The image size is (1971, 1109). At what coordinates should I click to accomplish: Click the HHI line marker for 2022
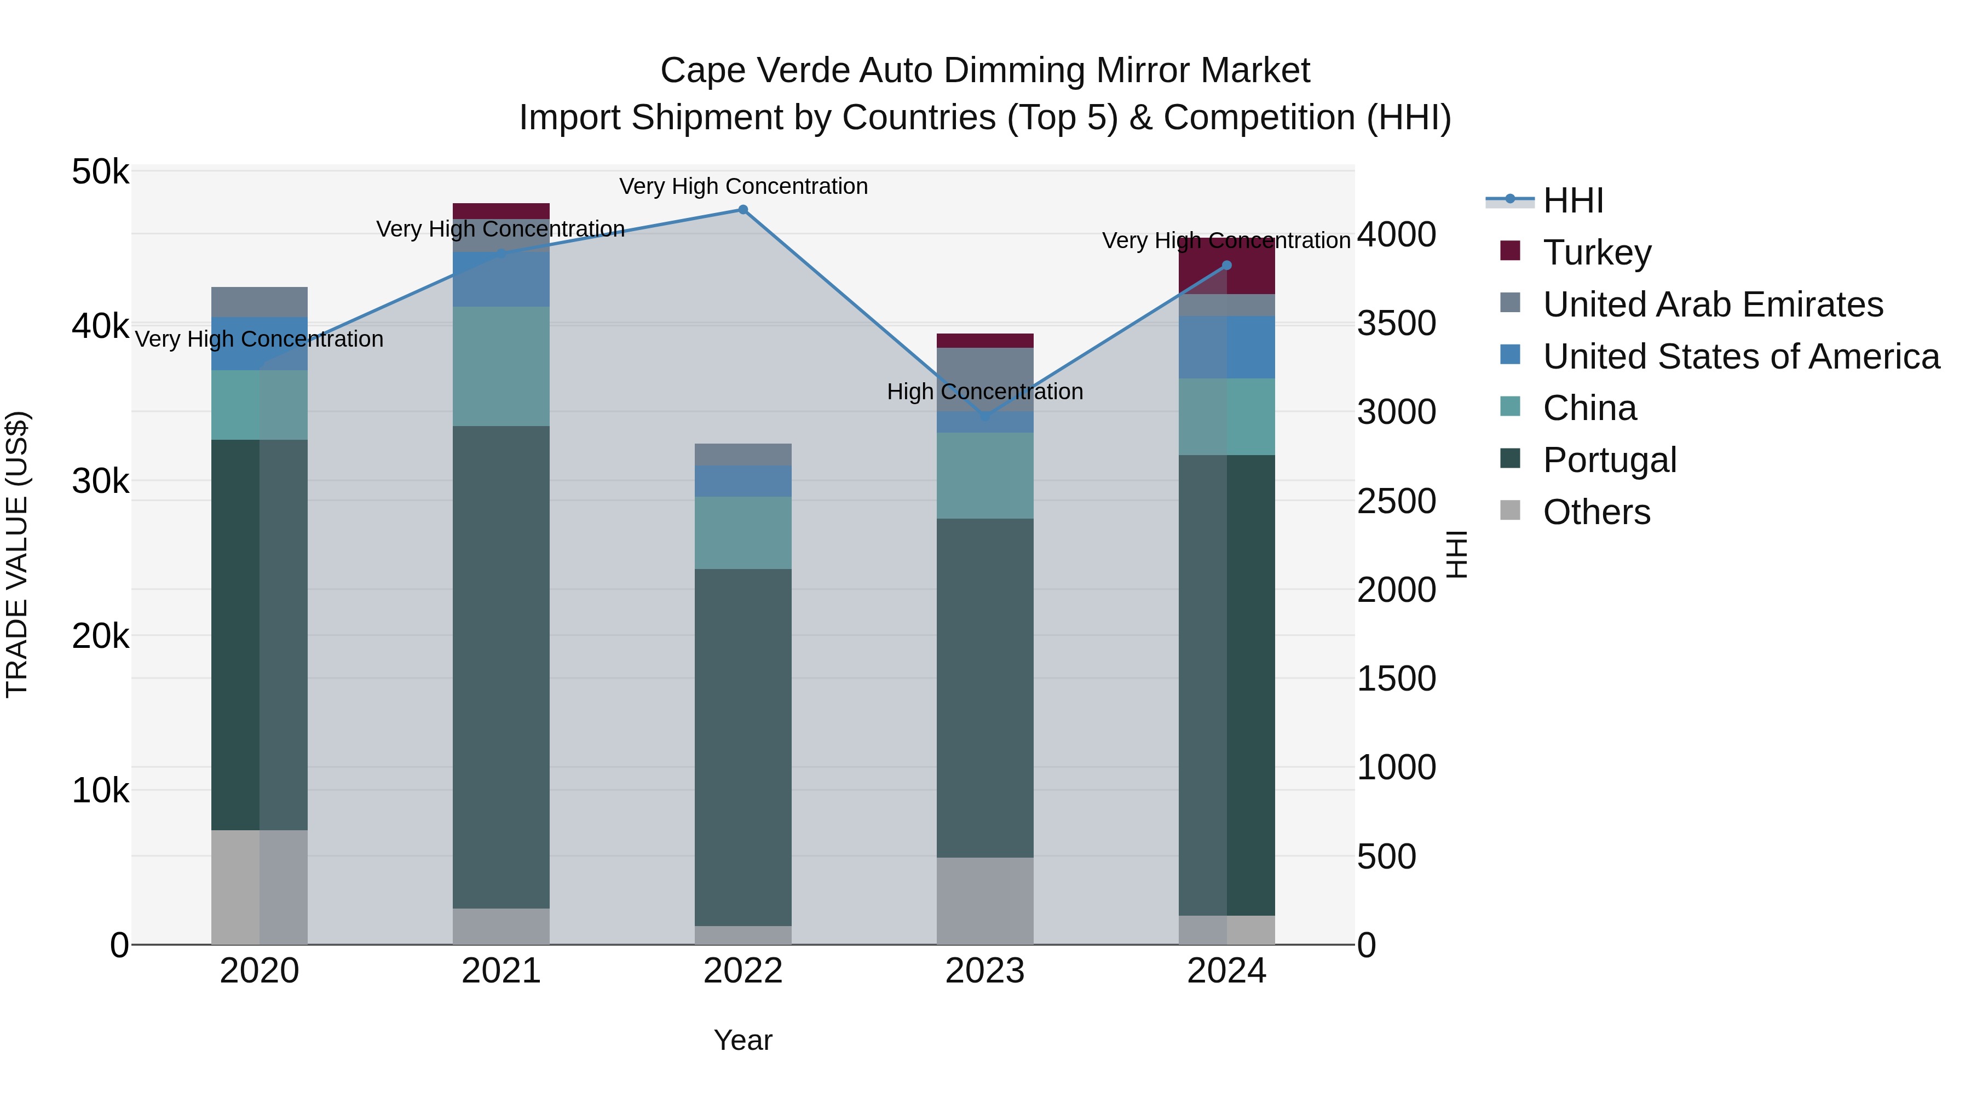(x=742, y=210)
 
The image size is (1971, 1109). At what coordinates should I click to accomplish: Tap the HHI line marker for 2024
(x=1226, y=266)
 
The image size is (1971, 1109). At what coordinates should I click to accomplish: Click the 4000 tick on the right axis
(x=1396, y=235)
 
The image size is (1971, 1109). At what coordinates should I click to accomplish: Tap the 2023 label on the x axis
(x=985, y=971)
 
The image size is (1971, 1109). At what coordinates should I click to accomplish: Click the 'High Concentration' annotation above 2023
(x=985, y=392)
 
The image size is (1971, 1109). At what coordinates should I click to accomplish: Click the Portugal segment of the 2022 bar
(x=742, y=746)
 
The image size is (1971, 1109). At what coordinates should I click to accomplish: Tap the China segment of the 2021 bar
(x=501, y=366)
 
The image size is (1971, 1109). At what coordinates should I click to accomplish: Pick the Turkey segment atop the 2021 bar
(x=501, y=211)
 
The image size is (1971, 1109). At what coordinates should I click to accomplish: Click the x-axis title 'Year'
(x=742, y=1040)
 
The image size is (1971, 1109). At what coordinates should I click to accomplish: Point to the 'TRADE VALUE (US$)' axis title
(x=17, y=555)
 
